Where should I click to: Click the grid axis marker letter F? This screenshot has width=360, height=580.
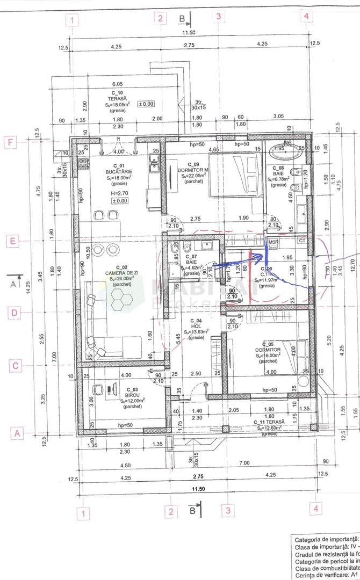click(12, 143)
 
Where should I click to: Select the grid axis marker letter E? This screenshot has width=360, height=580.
click(12, 241)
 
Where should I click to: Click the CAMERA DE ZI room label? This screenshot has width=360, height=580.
click(118, 273)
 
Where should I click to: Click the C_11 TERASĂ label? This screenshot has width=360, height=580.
click(269, 423)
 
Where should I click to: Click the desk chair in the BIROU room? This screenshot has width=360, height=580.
click(98, 389)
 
